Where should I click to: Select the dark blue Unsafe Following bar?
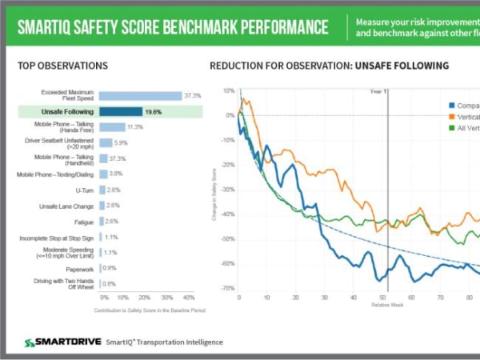[x=121, y=111]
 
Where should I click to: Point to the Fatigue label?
[x=84, y=221]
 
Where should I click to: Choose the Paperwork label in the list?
[x=80, y=269]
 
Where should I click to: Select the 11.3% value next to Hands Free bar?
[x=135, y=127]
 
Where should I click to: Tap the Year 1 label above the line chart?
[x=378, y=91]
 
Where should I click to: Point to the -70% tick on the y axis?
[x=228, y=288]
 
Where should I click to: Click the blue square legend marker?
[x=452, y=105]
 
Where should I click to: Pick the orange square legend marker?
[x=452, y=117]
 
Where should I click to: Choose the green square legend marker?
[x=452, y=128]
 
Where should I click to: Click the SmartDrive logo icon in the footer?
[x=30, y=342]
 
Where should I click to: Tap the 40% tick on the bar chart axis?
[x=189, y=297]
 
